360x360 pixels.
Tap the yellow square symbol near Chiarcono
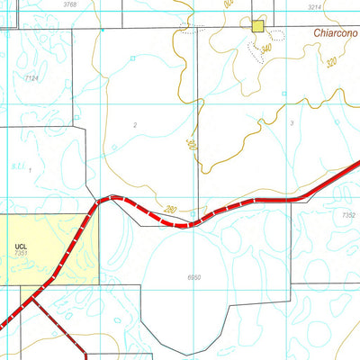pyautogui.click(x=259, y=27)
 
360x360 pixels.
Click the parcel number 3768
pyautogui.click(x=70, y=5)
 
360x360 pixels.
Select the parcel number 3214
pyautogui.click(x=313, y=6)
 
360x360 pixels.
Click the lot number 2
pyautogui.click(x=134, y=125)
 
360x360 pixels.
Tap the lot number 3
pyautogui.click(x=292, y=122)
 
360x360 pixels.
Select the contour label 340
pyautogui.click(x=265, y=48)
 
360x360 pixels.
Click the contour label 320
pyautogui.click(x=331, y=63)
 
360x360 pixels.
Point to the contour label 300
pyautogui.click(x=191, y=144)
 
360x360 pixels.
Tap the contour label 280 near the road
pyautogui.click(x=171, y=210)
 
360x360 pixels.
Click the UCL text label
pyautogui.click(x=22, y=245)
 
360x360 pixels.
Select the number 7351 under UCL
pyautogui.click(x=22, y=254)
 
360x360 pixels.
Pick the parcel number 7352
pyautogui.click(x=349, y=215)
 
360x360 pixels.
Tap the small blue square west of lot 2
pyautogui.click(x=132, y=58)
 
